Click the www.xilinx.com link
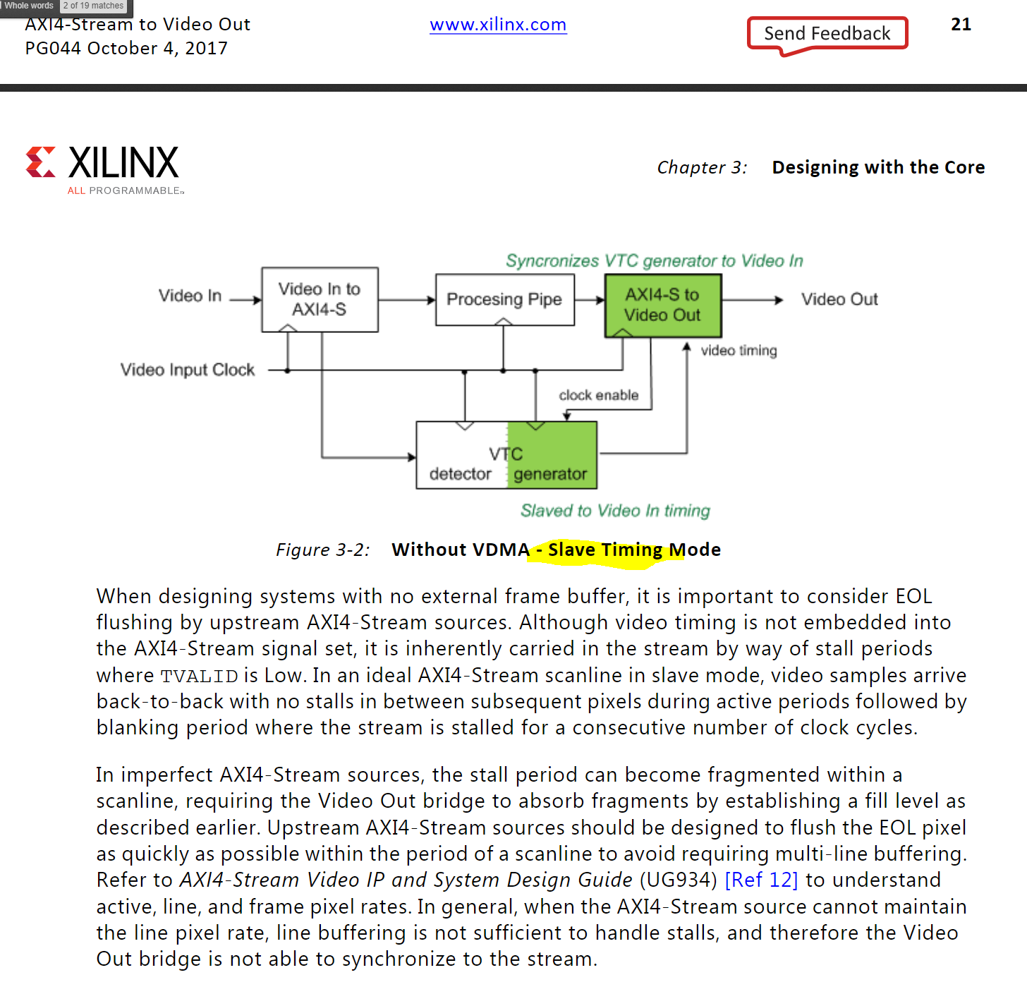point(498,25)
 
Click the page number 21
point(961,25)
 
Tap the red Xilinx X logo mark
point(41,162)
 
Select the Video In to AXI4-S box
point(320,299)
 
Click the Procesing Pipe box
point(504,300)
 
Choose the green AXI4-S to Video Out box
point(662,305)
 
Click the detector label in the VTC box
point(460,474)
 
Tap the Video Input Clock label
point(188,370)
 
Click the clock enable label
point(598,395)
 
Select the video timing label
point(739,351)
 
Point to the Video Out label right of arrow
point(839,300)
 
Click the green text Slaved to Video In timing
point(615,511)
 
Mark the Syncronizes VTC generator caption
point(654,261)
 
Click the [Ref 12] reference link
point(761,880)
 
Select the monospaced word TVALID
point(199,676)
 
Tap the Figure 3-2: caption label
point(323,550)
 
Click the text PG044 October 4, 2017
point(126,48)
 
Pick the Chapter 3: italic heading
point(702,167)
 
